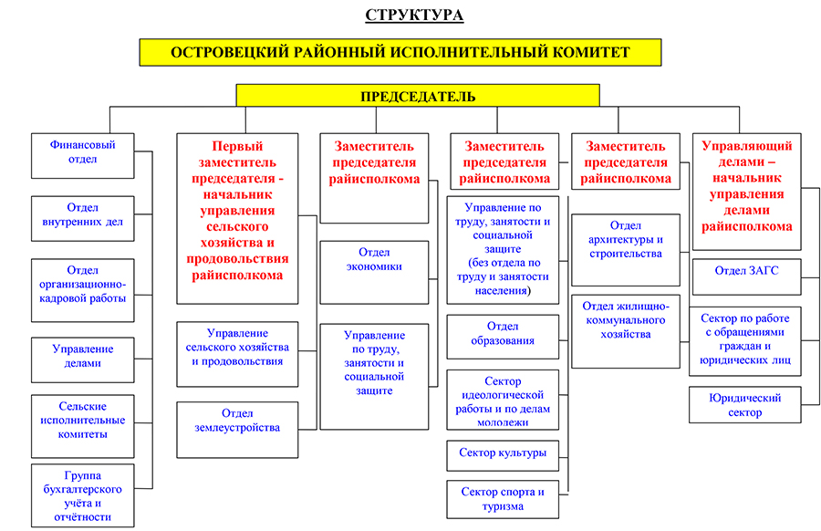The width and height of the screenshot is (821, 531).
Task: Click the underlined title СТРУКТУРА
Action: [414, 15]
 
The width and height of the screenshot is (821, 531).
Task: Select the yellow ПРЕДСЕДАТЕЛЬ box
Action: [418, 96]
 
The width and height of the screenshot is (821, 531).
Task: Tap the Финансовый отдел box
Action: [83, 156]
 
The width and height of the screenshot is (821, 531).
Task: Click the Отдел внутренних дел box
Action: [83, 219]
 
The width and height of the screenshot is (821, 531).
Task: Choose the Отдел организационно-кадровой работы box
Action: [83, 290]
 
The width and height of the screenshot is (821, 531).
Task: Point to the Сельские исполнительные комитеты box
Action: [83, 426]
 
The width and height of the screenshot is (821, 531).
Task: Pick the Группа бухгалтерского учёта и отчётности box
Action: [83, 495]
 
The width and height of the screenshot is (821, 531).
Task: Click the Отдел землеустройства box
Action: [237, 430]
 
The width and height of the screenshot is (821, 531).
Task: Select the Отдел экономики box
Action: [374, 272]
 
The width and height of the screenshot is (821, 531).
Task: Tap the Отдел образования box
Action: [503, 337]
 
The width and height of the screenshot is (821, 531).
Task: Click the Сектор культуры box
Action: [503, 455]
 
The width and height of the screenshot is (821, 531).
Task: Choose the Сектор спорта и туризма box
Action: [503, 500]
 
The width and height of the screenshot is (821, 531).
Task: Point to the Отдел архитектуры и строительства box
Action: [626, 250]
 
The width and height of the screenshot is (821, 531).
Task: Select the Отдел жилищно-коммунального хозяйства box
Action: [626, 332]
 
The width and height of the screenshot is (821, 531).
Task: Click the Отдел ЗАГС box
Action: [746, 276]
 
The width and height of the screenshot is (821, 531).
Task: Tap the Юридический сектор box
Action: [745, 405]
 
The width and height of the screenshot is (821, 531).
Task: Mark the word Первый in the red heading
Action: [237, 146]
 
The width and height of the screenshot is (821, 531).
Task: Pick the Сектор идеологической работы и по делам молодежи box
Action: [503, 401]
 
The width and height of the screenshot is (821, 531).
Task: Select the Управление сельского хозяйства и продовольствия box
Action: [237, 355]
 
